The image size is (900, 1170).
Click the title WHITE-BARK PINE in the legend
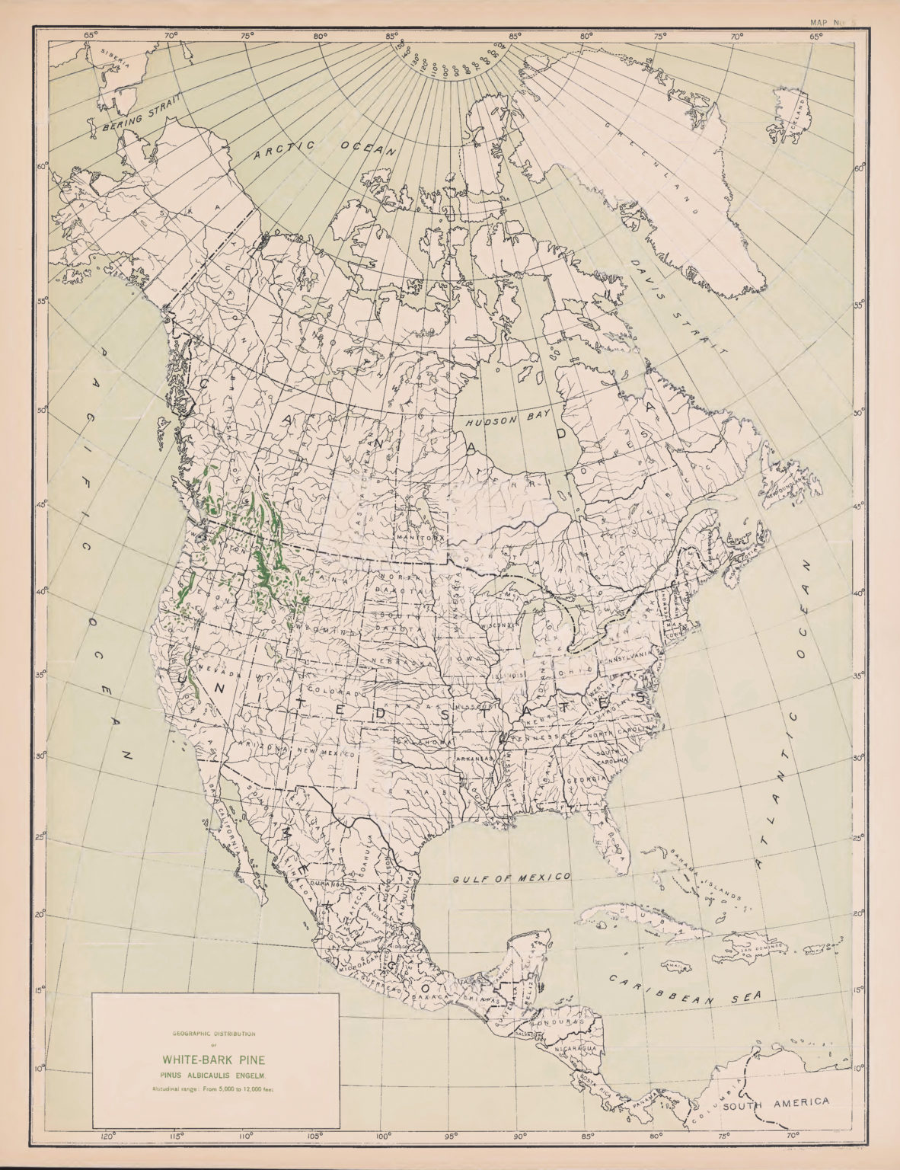212,1060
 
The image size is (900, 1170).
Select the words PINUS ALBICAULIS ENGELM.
212,1075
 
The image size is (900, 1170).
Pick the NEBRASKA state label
397,661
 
